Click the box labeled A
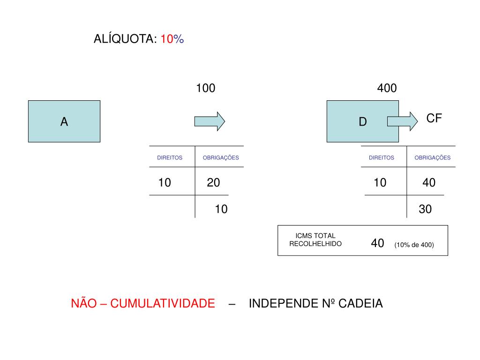64,121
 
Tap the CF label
434,118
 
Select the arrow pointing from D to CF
402,121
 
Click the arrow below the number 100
210,121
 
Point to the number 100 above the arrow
205,88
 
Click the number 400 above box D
387,88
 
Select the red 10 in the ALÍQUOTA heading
167,39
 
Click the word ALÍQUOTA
125,39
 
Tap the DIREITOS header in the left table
170,158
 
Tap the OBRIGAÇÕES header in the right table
432,158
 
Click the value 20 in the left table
213,182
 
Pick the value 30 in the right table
425,209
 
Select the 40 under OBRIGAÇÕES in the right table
428,182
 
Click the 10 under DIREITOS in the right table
380,182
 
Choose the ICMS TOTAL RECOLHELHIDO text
315,240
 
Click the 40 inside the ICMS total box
377,243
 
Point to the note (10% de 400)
414,245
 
